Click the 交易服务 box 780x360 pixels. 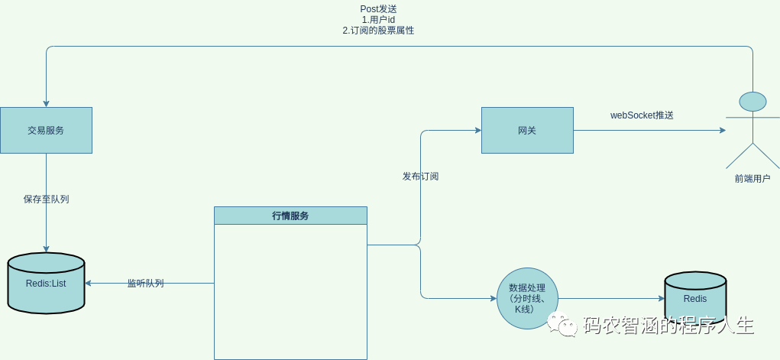point(46,130)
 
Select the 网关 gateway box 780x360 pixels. point(527,130)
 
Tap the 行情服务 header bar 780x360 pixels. point(290,216)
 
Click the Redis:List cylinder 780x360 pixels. point(46,284)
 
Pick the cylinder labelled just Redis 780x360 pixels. point(694,299)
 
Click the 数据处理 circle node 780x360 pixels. point(527,298)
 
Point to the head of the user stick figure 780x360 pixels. point(752,102)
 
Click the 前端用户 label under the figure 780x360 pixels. point(752,179)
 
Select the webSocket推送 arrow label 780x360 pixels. point(642,115)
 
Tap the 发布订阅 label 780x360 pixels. point(420,177)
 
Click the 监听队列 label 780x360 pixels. point(145,284)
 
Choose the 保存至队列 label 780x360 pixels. point(51,199)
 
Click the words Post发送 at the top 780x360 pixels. point(378,8)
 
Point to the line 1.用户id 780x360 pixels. point(378,19)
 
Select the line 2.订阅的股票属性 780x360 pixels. point(378,31)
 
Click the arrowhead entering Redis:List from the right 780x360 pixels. point(89,283)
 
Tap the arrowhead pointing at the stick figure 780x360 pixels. point(722,130)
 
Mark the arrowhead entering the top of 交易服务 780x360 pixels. point(46,103)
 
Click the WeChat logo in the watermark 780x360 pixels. point(567,326)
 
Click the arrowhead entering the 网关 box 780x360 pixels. point(477,130)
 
